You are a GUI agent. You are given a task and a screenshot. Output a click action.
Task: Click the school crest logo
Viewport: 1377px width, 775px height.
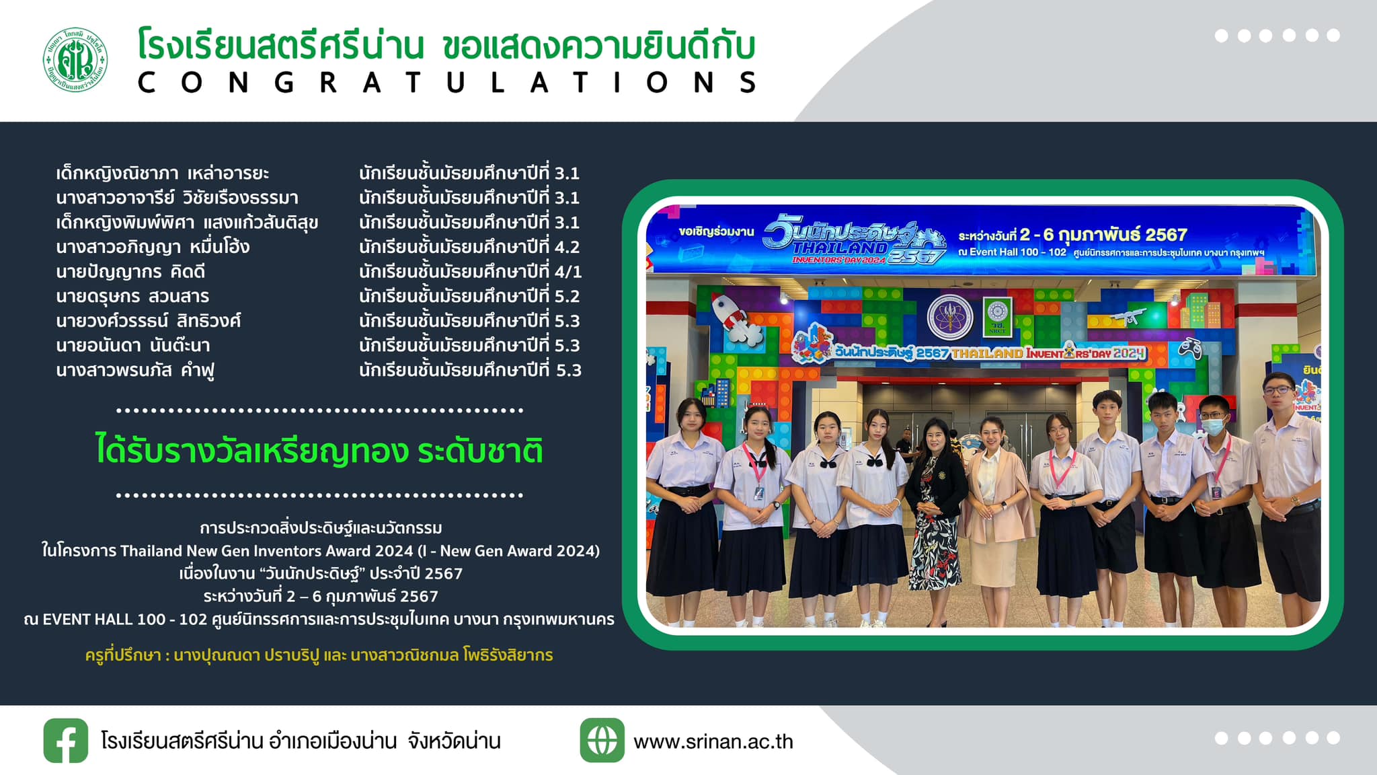pos(75,60)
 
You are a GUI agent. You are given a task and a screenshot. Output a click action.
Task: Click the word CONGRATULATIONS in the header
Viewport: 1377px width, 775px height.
pos(448,83)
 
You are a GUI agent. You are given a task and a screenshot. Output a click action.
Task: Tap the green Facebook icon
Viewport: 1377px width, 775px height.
pos(66,740)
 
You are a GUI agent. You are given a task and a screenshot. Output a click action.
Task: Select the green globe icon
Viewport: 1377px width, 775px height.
pos(602,740)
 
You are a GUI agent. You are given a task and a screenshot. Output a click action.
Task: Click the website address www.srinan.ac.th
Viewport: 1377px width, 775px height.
pos(713,741)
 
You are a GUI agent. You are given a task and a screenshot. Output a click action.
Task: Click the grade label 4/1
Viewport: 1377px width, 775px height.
pos(568,272)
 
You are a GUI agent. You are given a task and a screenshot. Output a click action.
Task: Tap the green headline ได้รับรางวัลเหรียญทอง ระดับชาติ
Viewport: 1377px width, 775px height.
pos(319,450)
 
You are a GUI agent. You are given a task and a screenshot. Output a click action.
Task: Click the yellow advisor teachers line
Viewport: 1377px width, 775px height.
pos(319,655)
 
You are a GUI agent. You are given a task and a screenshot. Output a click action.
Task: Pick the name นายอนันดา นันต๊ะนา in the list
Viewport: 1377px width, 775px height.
pos(133,345)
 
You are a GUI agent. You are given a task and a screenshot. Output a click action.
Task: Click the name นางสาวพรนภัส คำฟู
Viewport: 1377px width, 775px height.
pos(135,371)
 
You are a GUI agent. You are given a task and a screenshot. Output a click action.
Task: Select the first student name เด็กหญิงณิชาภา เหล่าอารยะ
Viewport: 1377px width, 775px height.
pos(162,174)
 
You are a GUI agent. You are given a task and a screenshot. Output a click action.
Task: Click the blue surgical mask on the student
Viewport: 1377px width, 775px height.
pos(1213,426)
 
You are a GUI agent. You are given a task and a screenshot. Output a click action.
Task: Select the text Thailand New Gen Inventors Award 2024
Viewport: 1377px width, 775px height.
pos(266,551)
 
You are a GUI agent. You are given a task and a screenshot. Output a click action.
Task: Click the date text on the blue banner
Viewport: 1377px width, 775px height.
pos(1072,234)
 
